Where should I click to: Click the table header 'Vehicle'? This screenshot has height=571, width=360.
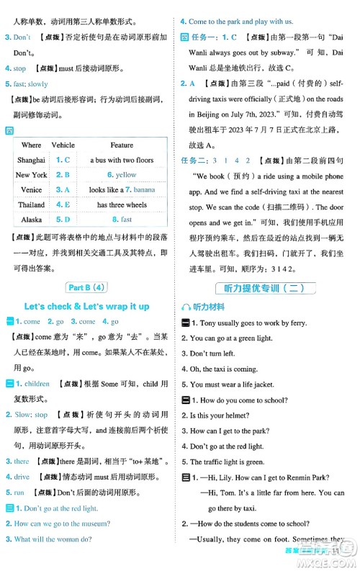click(x=63, y=145)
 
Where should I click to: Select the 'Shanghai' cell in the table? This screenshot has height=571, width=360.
click(x=31, y=160)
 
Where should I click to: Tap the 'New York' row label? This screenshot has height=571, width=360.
click(x=31, y=175)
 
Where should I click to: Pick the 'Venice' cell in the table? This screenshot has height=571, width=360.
click(x=31, y=189)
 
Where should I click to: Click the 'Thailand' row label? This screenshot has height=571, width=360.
click(x=31, y=204)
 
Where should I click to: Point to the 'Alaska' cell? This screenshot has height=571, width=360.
click(x=31, y=220)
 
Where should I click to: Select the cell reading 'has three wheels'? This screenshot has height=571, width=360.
click(x=122, y=204)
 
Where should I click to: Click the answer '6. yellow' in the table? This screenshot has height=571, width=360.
click(x=122, y=175)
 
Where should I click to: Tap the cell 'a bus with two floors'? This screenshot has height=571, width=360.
click(x=122, y=160)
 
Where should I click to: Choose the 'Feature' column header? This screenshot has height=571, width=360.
click(x=122, y=145)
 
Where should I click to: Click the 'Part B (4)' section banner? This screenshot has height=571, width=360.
click(x=86, y=287)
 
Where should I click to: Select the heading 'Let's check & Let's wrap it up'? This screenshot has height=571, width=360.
click(x=86, y=306)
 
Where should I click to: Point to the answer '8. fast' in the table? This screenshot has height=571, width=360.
click(x=122, y=220)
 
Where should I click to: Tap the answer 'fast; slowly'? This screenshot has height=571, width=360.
click(x=30, y=84)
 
